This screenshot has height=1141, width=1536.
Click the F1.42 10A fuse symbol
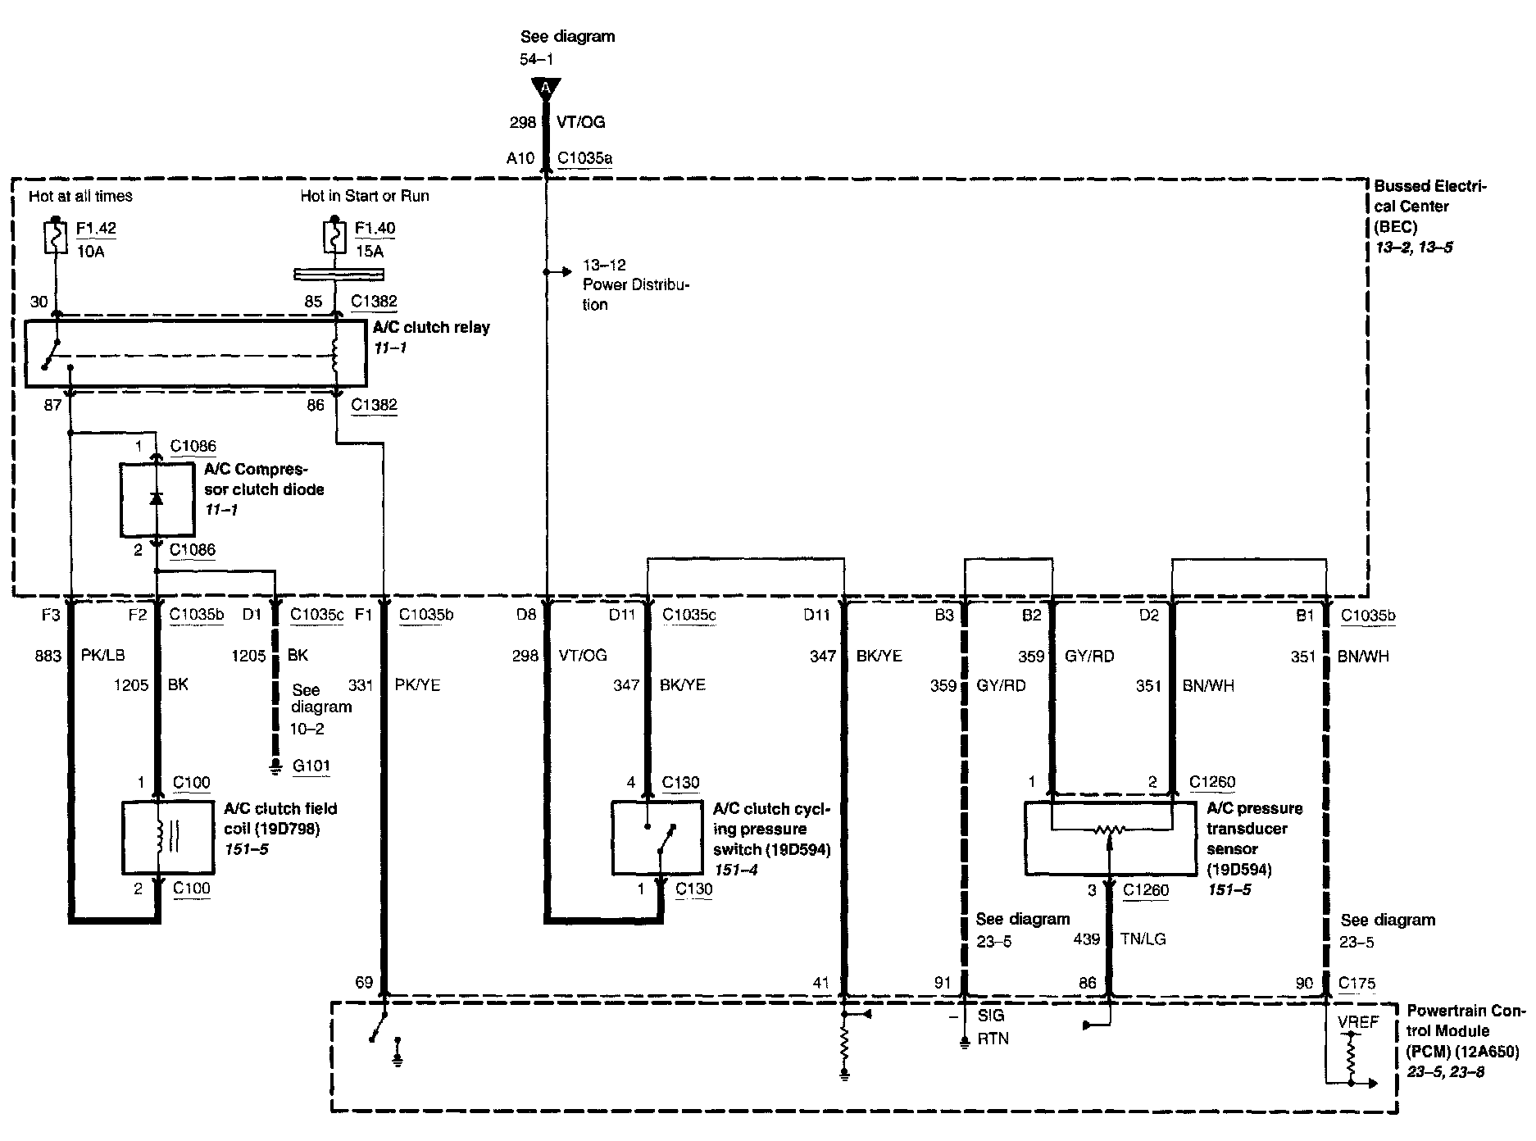tap(55, 237)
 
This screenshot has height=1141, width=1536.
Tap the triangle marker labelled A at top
tap(545, 88)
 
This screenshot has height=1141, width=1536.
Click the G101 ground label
tap(311, 766)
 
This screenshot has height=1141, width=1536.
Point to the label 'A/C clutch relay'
tap(431, 327)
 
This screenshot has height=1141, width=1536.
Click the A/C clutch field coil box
tap(167, 838)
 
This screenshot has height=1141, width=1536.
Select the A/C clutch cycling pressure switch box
tap(656, 838)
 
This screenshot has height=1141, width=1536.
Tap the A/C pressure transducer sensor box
tap(1110, 838)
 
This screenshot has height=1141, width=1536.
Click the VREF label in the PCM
tap(1358, 1022)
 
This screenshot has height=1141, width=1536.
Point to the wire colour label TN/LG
tap(1143, 939)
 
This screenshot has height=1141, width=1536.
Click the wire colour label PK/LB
tap(103, 656)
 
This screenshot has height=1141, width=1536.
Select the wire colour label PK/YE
tap(417, 685)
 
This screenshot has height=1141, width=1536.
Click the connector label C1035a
tap(584, 158)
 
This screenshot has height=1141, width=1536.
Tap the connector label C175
tap(1356, 983)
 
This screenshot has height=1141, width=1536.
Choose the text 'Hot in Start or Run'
tap(365, 196)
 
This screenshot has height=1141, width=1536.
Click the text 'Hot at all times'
tap(80, 196)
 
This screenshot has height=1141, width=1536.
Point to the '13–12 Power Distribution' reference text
tap(635, 284)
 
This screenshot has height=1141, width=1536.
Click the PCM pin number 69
tap(364, 983)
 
